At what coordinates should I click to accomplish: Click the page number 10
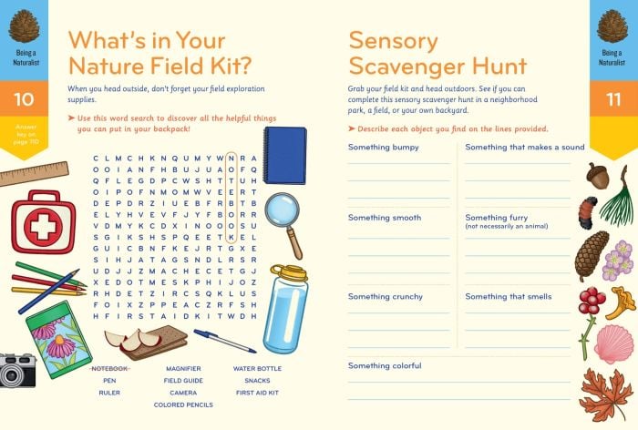coord(24,99)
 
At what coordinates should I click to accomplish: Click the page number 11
coord(612,99)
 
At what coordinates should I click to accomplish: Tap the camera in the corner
coord(16,369)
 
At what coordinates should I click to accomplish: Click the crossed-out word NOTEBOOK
coord(110,368)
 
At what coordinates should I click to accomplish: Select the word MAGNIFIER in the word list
coord(183,368)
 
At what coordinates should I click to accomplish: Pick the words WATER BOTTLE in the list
coord(257,368)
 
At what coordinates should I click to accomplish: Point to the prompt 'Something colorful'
coord(385,365)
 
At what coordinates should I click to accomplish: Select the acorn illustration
coord(598,176)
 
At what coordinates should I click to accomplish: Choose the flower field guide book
coord(59,336)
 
